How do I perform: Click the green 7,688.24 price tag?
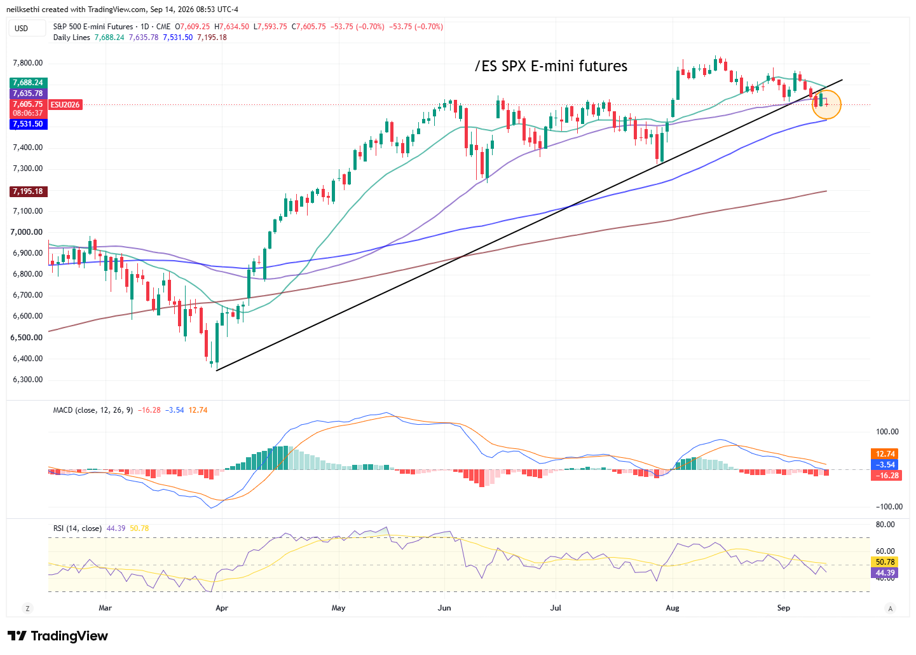click(x=28, y=83)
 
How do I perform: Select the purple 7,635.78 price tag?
click(x=28, y=93)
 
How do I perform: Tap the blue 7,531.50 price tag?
click(x=28, y=124)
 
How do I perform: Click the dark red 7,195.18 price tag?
click(x=28, y=191)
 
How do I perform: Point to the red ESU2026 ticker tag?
click(x=65, y=105)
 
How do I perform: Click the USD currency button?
click(x=21, y=28)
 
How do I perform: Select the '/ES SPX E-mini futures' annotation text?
click(x=550, y=66)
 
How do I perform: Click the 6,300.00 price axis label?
click(x=27, y=380)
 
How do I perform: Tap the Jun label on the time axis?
click(x=444, y=608)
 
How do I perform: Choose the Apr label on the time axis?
click(x=222, y=608)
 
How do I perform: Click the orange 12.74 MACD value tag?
click(x=884, y=453)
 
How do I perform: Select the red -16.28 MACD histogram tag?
click(x=886, y=476)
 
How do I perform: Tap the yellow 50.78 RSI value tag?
click(x=884, y=562)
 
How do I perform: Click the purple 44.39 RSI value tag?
click(x=884, y=573)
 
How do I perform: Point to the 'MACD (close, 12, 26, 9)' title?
click(x=93, y=410)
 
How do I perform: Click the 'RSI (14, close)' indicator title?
click(x=78, y=528)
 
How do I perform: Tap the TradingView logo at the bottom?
click(x=58, y=636)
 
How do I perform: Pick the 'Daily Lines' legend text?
click(x=72, y=38)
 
